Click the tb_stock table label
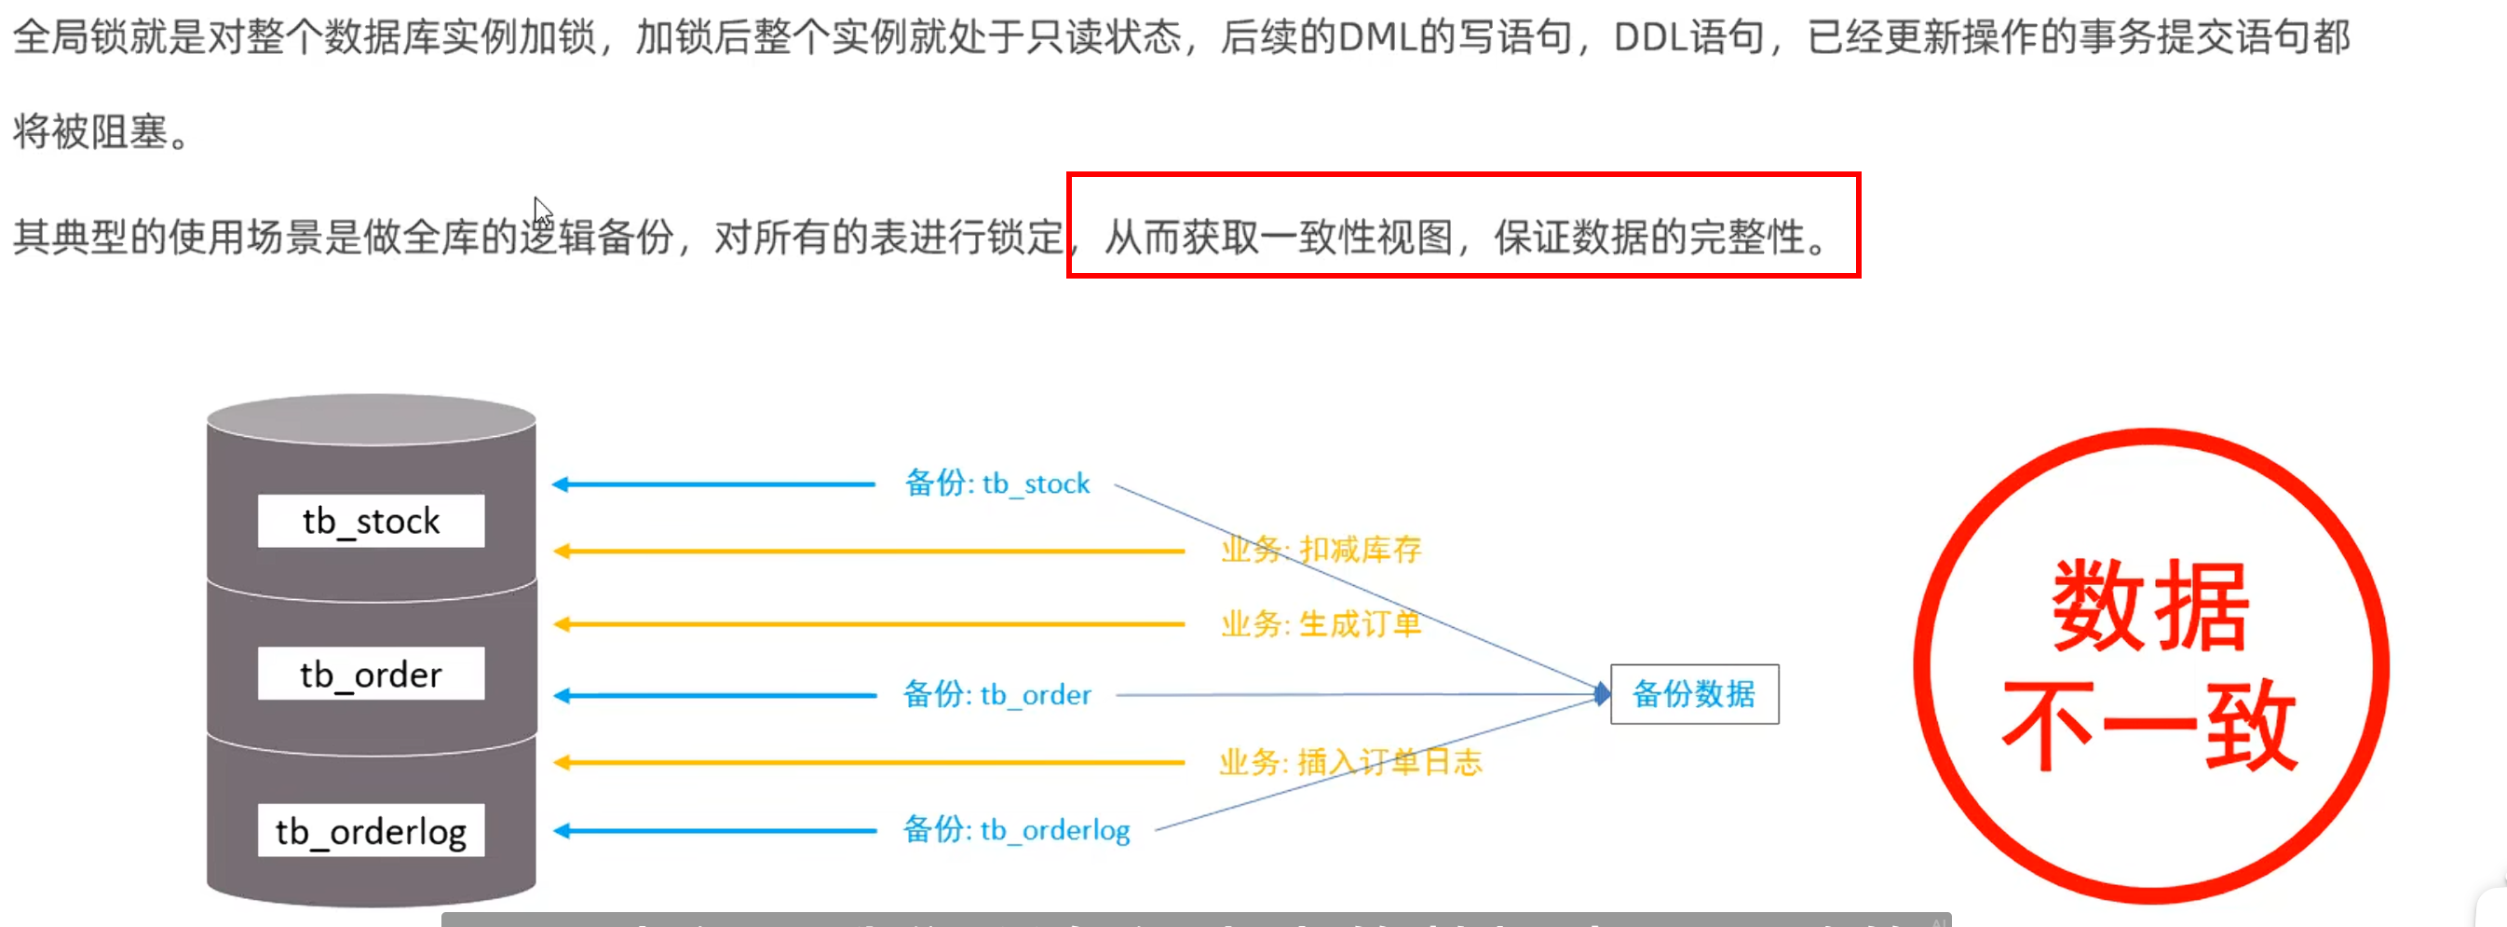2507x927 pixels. coord(371,521)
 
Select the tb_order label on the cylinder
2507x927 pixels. coord(371,674)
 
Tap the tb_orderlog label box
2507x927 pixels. coord(371,831)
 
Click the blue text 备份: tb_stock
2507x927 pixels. coord(996,483)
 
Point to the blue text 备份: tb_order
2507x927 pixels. coord(996,694)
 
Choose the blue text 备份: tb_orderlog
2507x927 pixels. coord(1016,829)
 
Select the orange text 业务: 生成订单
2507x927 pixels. coord(1321,623)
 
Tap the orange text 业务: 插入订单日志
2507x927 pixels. coord(1349,761)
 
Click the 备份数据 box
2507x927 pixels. coord(1694,694)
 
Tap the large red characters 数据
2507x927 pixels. coord(2151,606)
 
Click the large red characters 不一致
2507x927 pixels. coord(2151,726)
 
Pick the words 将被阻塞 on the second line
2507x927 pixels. coord(90,131)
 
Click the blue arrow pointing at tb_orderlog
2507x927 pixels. coord(715,831)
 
